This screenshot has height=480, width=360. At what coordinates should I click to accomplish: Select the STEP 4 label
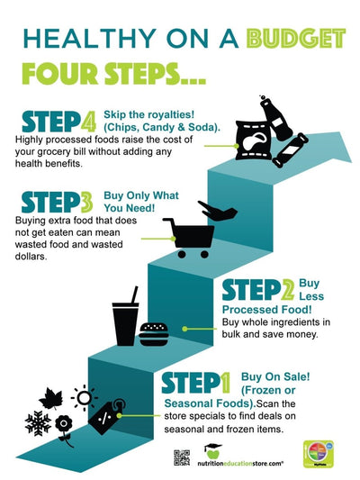click(x=58, y=123)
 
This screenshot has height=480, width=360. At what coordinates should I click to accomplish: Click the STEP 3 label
click(x=55, y=203)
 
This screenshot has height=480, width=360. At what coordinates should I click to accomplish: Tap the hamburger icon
click(x=154, y=333)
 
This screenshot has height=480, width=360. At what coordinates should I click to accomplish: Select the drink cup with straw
click(x=125, y=319)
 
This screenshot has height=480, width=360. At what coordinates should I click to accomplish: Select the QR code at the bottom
click(x=182, y=457)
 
